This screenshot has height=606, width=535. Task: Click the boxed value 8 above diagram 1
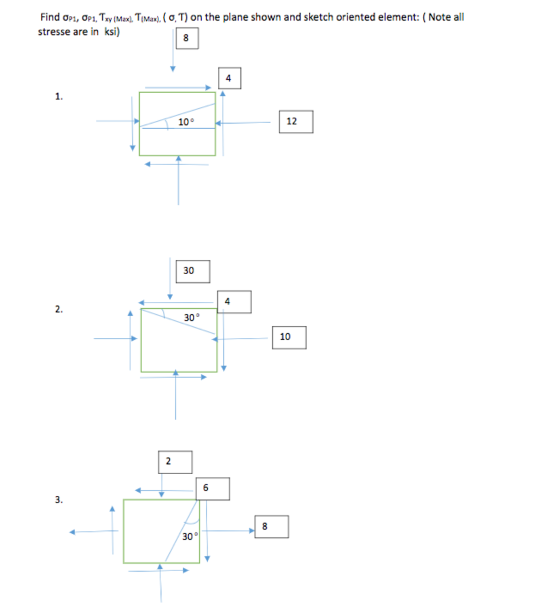tap(186, 38)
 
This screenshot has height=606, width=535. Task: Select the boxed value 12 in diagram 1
tap(292, 121)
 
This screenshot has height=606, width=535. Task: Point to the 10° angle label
tap(186, 122)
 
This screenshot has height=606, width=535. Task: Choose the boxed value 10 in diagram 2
tap(285, 337)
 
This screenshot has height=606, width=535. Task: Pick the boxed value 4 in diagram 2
tap(227, 302)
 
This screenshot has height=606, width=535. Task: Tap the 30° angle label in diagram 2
tap(190, 317)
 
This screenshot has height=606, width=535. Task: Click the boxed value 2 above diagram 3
tap(168, 462)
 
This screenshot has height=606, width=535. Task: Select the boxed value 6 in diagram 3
tap(205, 488)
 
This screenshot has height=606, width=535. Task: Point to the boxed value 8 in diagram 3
tap(265, 526)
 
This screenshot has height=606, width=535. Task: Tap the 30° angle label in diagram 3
tap(189, 537)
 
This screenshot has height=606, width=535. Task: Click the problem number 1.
tap(58, 97)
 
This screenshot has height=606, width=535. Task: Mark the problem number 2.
tap(58, 309)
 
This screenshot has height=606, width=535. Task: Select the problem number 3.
tap(58, 499)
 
